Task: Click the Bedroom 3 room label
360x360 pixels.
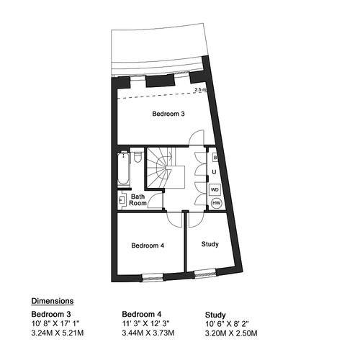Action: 168,114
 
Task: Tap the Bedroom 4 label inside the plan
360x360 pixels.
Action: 148,246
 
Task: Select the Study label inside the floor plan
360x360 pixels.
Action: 210,244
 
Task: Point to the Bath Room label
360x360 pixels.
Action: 138,200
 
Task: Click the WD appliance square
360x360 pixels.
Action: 215,189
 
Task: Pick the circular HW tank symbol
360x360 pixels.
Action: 217,203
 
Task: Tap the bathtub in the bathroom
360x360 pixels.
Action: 124,168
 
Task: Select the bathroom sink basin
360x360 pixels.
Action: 122,199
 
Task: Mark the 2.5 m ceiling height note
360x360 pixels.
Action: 200,90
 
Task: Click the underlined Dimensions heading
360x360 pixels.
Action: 53,301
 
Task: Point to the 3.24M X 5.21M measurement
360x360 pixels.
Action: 58,333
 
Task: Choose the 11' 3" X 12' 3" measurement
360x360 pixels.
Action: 145,323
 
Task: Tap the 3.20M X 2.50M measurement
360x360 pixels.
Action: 231,333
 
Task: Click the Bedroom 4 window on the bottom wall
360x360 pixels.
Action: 153,277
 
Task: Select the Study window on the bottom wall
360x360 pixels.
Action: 205,273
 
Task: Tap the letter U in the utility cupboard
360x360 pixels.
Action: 214,172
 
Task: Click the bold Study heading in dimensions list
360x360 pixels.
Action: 215,315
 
